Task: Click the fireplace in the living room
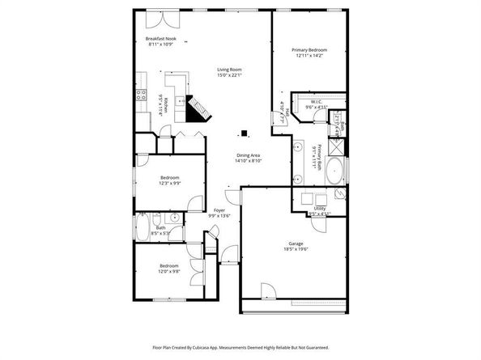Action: click(x=196, y=108)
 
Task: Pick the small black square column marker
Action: click(x=240, y=134)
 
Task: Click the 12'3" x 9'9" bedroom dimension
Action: click(x=169, y=183)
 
